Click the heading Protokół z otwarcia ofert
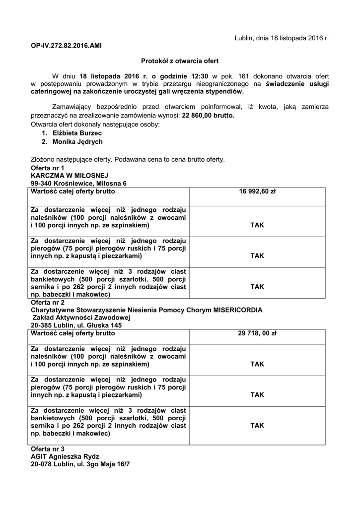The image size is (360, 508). (x=180, y=61)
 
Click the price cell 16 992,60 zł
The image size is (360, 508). (x=257, y=191)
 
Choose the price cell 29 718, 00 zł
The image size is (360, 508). (x=257, y=333)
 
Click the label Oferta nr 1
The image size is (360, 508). (x=48, y=168)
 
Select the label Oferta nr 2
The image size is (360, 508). (x=48, y=302)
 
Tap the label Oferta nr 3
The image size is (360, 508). (x=48, y=448)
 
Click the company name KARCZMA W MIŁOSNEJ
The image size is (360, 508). (x=69, y=176)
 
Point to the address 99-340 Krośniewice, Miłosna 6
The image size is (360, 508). (x=78, y=183)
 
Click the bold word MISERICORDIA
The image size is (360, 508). (x=238, y=310)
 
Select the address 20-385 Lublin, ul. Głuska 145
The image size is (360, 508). (x=76, y=325)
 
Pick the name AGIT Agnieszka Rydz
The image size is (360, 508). (x=65, y=456)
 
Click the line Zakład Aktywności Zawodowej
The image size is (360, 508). (x=81, y=317)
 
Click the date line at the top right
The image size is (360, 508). (x=281, y=38)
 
